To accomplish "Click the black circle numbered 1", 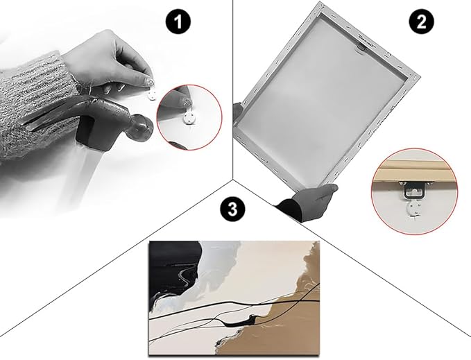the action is click(x=178, y=22).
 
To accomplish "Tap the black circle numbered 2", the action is click(x=421, y=22).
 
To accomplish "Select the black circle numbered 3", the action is click(x=232, y=209).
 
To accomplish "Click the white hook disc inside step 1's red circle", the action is click(x=189, y=117).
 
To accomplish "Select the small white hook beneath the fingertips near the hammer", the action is click(x=152, y=95).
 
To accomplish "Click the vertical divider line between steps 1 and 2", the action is click(x=234, y=89).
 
